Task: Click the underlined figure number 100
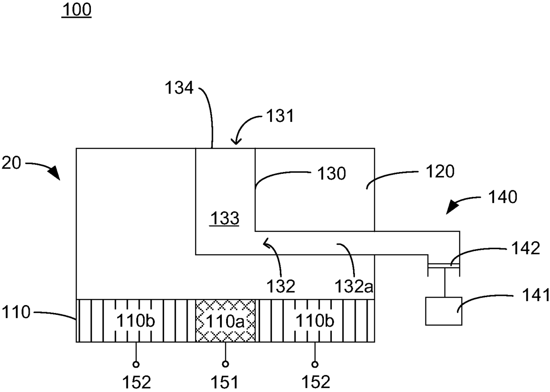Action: (x=77, y=10)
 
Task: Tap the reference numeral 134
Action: (x=179, y=88)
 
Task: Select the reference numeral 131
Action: (x=280, y=116)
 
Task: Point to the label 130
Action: (x=332, y=173)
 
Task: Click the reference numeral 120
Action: (x=440, y=171)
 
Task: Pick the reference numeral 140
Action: (x=503, y=197)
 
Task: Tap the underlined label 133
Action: (x=224, y=219)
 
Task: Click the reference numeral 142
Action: (x=526, y=248)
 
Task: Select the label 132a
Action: (x=354, y=286)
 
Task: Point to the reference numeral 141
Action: (x=536, y=294)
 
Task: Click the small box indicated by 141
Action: (x=444, y=311)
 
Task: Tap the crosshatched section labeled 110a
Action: (x=225, y=321)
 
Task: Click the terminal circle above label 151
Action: (x=225, y=364)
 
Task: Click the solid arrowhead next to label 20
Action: (x=55, y=172)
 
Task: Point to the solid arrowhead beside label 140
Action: (x=452, y=207)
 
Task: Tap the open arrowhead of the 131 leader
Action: (x=236, y=142)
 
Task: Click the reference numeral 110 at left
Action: (x=16, y=312)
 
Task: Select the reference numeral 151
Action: (x=225, y=382)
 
